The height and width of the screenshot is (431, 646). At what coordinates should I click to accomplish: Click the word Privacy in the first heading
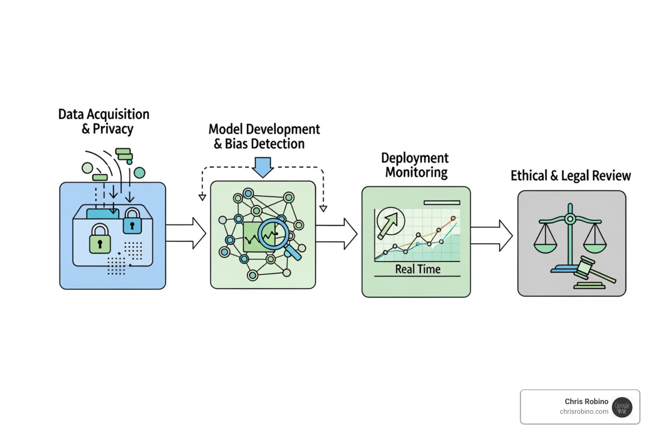click(113, 129)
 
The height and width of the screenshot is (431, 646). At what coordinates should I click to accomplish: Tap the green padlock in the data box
click(100, 239)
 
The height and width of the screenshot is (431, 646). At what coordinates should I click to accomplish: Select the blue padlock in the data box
click(132, 221)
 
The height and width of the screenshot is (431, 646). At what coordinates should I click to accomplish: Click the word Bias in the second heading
click(236, 144)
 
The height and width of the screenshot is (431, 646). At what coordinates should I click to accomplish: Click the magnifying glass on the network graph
click(276, 236)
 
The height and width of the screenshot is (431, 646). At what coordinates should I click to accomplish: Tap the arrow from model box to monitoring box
click(336, 234)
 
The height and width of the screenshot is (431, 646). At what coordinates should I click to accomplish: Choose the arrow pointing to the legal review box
click(492, 235)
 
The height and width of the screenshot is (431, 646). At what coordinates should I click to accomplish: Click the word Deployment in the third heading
click(415, 158)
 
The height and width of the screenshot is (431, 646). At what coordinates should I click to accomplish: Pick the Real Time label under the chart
click(418, 269)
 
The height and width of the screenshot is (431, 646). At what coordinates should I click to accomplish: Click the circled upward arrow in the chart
click(391, 221)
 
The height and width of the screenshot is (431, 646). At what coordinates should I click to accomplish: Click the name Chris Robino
click(586, 402)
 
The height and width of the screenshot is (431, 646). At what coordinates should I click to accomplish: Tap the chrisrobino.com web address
click(584, 412)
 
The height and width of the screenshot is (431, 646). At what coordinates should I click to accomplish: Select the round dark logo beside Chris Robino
click(622, 407)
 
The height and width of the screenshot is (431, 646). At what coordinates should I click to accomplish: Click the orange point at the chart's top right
click(453, 218)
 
